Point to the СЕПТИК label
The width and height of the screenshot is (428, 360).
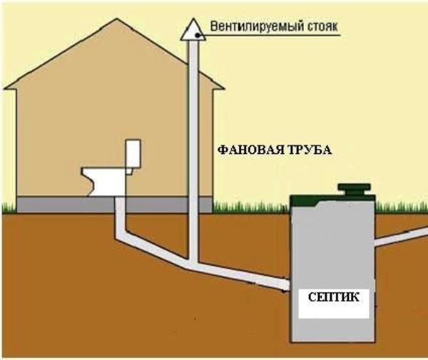click(x=334, y=297)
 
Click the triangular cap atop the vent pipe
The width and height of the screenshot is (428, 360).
click(x=193, y=30)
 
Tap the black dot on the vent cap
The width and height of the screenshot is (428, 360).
click(x=198, y=35)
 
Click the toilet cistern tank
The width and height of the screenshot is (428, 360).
click(x=133, y=154)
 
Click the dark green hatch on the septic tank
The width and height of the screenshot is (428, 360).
click(x=354, y=190)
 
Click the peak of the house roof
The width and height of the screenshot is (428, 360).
click(x=117, y=19)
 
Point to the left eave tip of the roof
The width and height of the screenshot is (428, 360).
click(x=4, y=88)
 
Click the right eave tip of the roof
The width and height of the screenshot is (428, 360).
click(x=223, y=88)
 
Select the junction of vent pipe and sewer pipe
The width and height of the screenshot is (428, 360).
click(x=193, y=264)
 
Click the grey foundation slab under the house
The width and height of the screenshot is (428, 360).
click(x=115, y=205)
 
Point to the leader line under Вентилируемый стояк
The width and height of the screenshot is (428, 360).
click(x=270, y=36)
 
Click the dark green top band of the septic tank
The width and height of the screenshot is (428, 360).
click(x=332, y=201)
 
